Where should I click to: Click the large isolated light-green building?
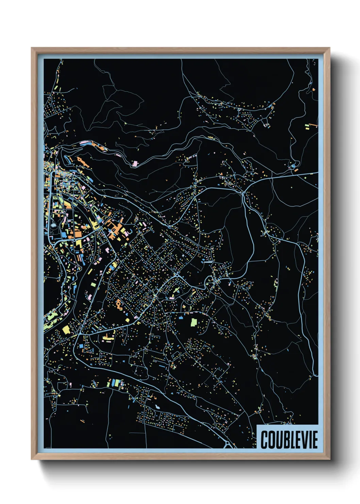[x=193, y=322]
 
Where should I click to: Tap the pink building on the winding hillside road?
[x=135, y=164]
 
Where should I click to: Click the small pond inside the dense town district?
[x=54, y=224]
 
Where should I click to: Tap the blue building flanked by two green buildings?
[x=114, y=383]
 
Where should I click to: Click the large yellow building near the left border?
[x=66, y=330]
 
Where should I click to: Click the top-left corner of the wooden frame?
[x=32, y=48]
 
